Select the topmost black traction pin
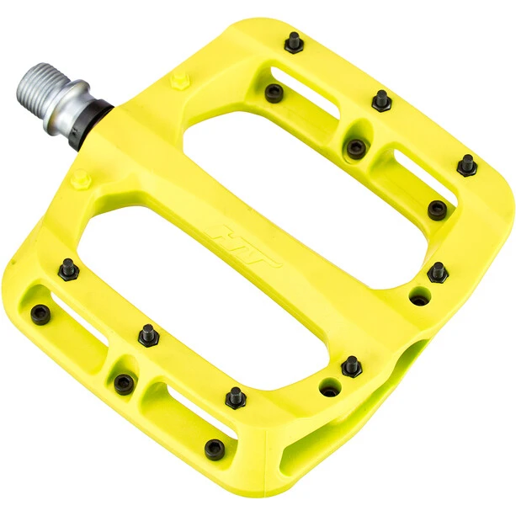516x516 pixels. click(x=294, y=42)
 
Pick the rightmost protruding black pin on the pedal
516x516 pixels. click(x=467, y=164)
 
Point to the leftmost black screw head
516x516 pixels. click(x=40, y=314)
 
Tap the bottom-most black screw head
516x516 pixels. click(x=215, y=448)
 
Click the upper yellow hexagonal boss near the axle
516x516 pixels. click(x=178, y=81)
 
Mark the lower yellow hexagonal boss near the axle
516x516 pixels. click(x=80, y=178)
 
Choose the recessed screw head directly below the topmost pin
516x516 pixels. click(x=274, y=93)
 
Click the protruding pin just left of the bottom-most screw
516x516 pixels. click(x=236, y=397)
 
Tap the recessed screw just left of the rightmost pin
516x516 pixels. click(x=437, y=209)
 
